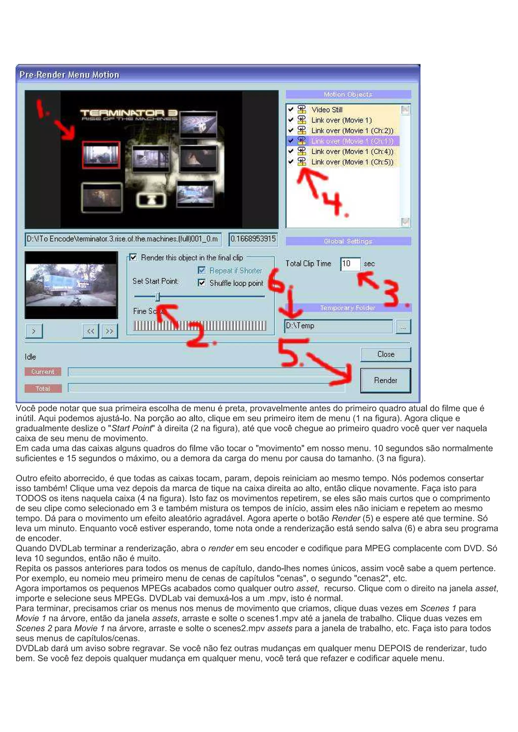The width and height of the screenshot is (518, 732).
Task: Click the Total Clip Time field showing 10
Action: pos(350,264)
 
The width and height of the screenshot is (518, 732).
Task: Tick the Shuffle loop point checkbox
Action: pos(202,283)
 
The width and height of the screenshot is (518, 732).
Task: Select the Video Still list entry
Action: pos(327,110)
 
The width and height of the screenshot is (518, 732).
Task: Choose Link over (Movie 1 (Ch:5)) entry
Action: pos(352,162)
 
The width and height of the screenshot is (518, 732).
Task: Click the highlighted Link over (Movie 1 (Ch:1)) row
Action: pos(352,141)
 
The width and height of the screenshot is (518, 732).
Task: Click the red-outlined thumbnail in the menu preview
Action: pos(101,155)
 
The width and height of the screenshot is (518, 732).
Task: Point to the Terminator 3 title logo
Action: pos(129,115)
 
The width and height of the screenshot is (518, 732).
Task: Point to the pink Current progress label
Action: pos(43,372)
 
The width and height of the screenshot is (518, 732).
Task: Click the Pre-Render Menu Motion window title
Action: pos(69,75)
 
